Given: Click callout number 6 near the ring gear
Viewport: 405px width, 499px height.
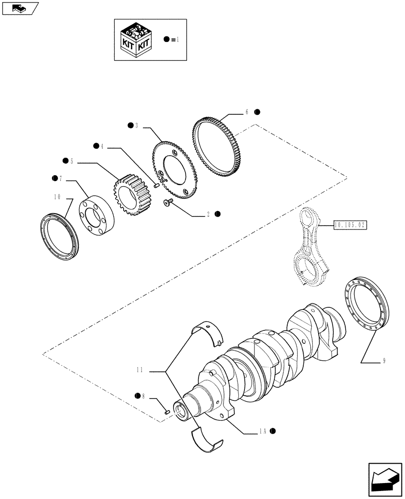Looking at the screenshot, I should click(x=246, y=113).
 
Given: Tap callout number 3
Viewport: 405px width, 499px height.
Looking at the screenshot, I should click(x=136, y=125).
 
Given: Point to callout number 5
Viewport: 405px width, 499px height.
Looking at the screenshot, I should click(x=72, y=161).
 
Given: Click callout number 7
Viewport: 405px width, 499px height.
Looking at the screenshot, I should click(x=60, y=178).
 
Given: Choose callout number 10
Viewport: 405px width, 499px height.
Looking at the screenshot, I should click(x=58, y=198).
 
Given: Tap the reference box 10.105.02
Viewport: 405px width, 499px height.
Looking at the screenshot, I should click(x=349, y=226).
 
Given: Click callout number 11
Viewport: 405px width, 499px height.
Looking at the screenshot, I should click(x=140, y=370).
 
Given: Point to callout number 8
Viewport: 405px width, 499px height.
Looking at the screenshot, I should click(x=143, y=396).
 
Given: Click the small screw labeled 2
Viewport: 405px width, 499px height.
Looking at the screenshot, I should click(x=167, y=202).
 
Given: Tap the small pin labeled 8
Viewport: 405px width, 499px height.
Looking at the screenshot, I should click(x=168, y=412).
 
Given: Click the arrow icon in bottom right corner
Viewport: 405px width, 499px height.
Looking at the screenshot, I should click(x=385, y=481).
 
